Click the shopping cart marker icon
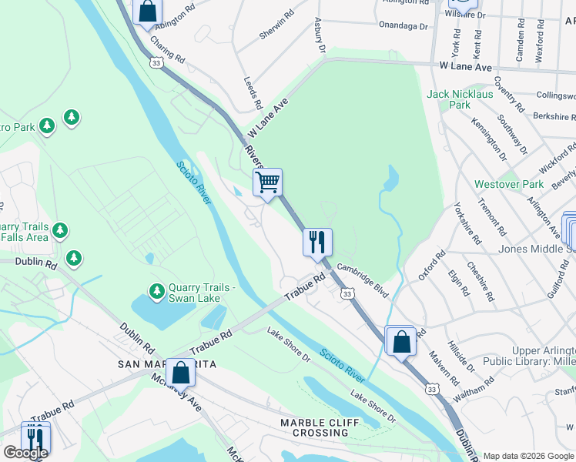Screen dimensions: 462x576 coord(267,182)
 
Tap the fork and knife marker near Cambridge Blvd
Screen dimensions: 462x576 coord(317,242)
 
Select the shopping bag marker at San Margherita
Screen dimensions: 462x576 coord(180,373)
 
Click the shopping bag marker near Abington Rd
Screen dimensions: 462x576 coord(148,11)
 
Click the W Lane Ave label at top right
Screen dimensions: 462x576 coord(467,68)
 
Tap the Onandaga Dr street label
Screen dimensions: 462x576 coord(403,25)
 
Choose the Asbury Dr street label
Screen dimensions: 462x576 coord(319,36)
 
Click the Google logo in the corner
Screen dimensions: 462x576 coord(25,453)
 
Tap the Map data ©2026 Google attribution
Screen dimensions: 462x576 coord(529,456)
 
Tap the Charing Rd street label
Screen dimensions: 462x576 coord(168,50)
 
